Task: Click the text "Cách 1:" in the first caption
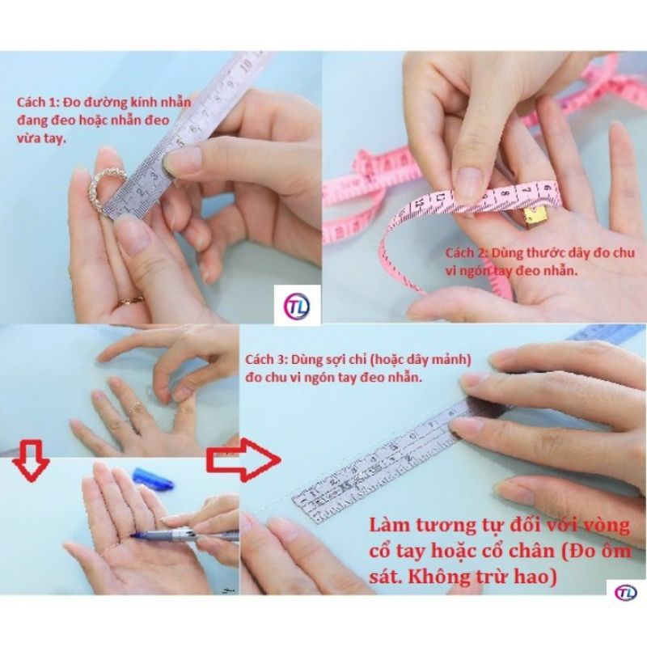(x=37, y=104)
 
